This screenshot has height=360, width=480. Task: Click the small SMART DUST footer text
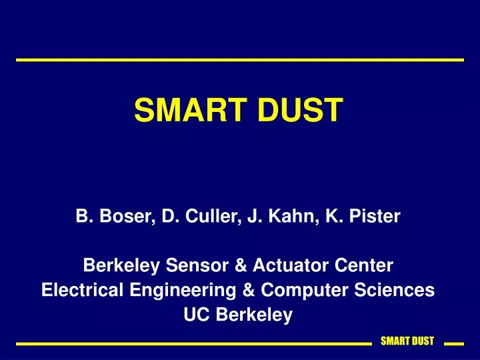[407, 341]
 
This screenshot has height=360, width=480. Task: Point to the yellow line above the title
[240, 60]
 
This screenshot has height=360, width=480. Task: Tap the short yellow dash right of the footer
[453, 344]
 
